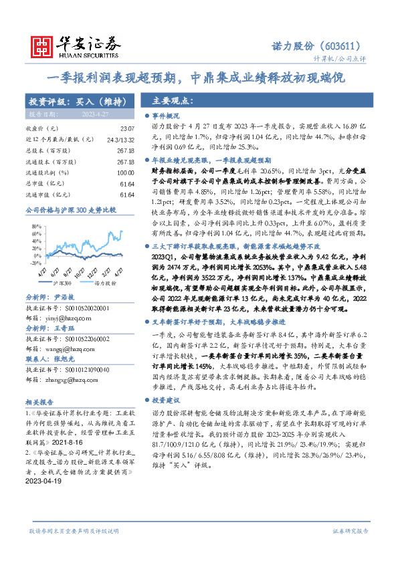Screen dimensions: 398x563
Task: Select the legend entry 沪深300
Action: coord(62,283)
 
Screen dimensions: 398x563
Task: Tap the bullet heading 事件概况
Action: coord(167,116)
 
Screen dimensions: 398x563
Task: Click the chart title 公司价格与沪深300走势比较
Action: coord(70,210)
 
